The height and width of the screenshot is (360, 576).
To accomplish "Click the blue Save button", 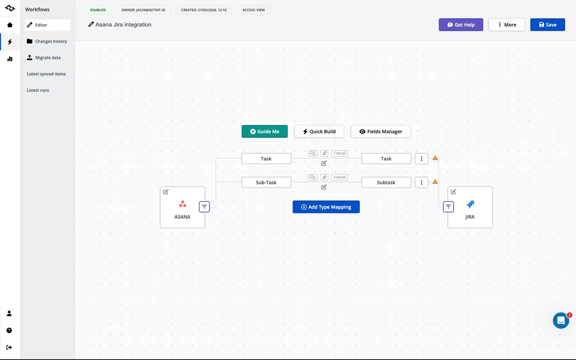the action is point(548,25).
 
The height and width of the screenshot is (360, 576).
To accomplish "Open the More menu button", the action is point(507,25).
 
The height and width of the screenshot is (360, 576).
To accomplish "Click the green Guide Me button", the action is point(265,131).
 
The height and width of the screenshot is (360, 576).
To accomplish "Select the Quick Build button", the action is point(319,131).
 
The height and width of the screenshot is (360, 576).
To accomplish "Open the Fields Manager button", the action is point(381,131).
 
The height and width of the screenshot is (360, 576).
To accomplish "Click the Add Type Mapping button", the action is point(326,207).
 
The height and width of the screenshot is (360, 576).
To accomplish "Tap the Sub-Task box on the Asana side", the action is point(266,182).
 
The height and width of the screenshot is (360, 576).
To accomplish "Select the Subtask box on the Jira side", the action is point(386,182).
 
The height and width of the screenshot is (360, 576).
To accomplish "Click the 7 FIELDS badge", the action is point(339,153).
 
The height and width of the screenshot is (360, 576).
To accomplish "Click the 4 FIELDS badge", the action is point(339,177).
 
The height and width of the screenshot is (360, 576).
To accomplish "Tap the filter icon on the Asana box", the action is point(204,207).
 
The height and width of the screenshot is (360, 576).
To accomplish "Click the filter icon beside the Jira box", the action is point(448,207).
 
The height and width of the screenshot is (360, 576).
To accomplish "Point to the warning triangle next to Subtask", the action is point(435,182).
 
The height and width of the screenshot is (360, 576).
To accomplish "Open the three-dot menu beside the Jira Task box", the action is point(422,159).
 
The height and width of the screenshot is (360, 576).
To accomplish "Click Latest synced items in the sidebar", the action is point(46,74).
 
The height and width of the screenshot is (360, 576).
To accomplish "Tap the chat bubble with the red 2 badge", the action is point(561,320).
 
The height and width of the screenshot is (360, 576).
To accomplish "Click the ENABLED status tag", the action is point(98,10).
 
